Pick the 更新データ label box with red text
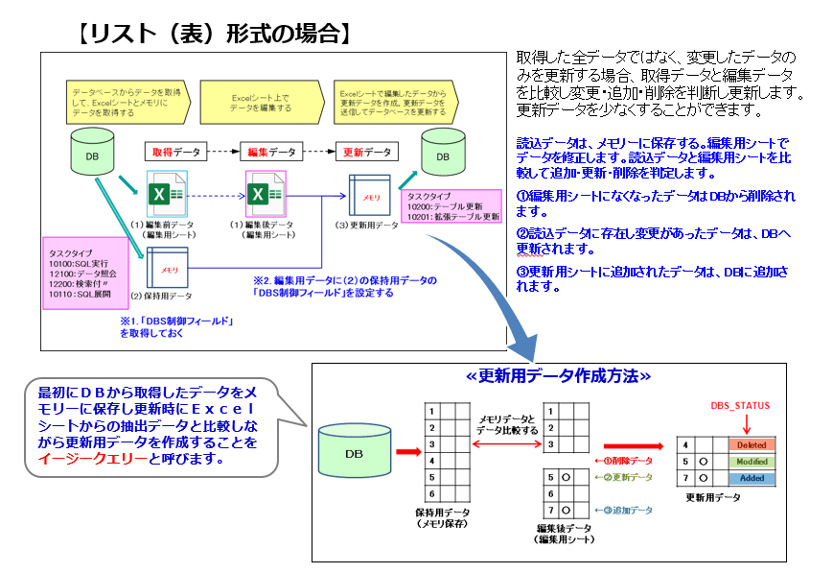click(x=366, y=152)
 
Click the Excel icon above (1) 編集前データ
click(x=168, y=194)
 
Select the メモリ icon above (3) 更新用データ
click(x=369, y=195)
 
